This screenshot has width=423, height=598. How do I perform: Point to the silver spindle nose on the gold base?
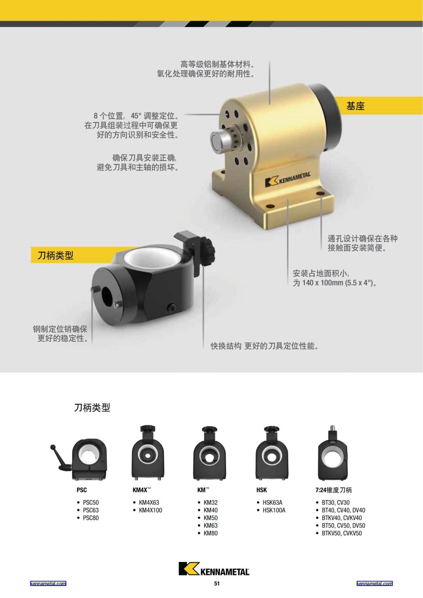(x=219, y=139)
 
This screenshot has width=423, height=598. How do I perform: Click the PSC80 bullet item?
(x=91, y=518)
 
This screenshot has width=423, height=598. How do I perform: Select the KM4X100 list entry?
(x=151, y=510)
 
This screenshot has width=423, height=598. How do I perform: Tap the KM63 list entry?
(x=210, y=526)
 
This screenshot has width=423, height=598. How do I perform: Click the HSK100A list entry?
(x=274, y=510)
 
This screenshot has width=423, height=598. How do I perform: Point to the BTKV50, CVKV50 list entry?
(x=342, y=534)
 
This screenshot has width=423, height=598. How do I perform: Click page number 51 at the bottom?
(x=216, y=584)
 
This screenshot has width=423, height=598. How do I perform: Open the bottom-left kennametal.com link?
(x=48, y=584)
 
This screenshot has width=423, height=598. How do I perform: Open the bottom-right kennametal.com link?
(x=374, y=584)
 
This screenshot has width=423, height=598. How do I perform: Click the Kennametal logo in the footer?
(x=214, y=569)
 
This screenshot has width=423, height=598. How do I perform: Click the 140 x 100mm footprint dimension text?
(x=335, y=283)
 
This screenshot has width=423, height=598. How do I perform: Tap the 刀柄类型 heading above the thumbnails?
(x=92, y=408)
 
